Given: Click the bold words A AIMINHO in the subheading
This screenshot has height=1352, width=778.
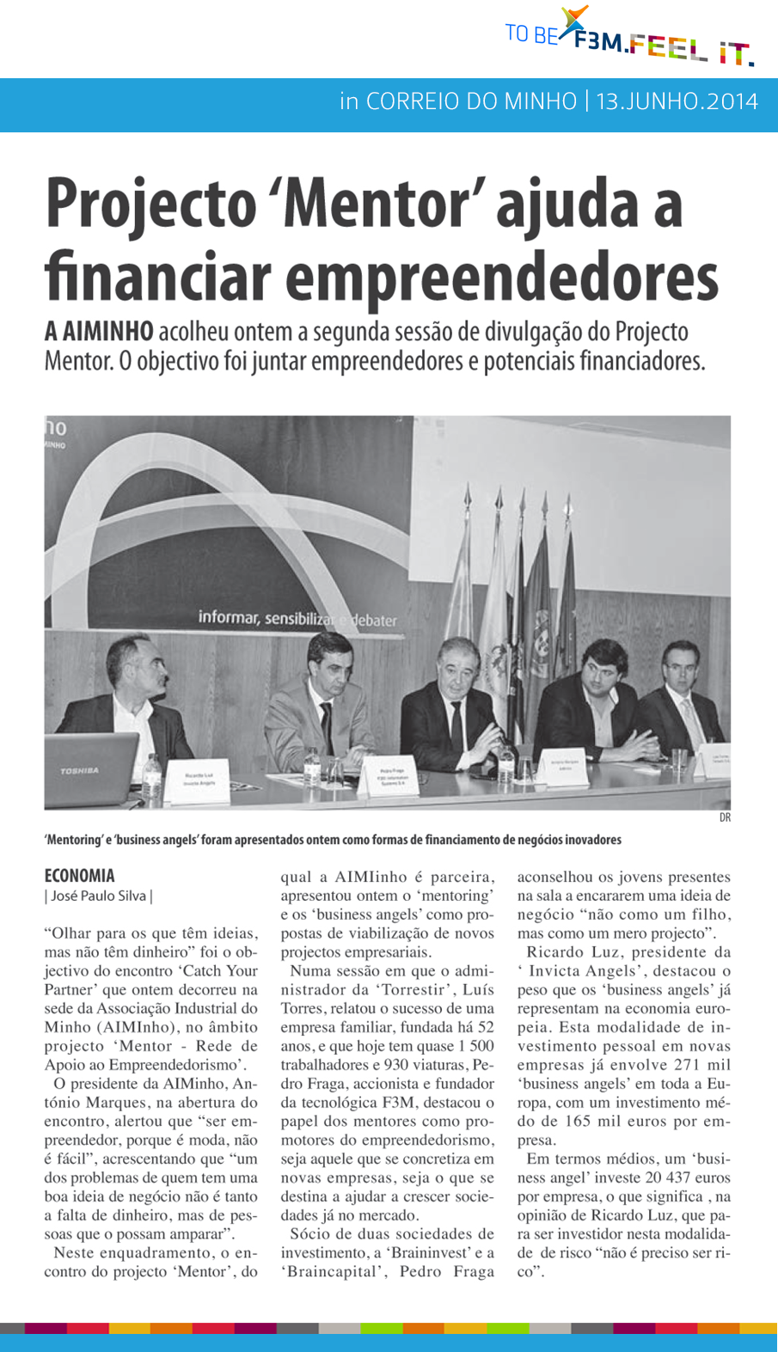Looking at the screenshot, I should (x=99, y=331).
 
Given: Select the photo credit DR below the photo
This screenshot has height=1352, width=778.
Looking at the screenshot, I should (x=725, y=817).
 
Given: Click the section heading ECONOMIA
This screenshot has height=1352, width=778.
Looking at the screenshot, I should (x=79, y=876).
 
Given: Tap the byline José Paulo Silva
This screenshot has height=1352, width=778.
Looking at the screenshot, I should (x=98, y=896).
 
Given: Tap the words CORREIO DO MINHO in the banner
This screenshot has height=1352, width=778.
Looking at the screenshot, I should (x=471, y=101).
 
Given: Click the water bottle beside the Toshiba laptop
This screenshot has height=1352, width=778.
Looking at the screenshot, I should (x=152, y=777).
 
